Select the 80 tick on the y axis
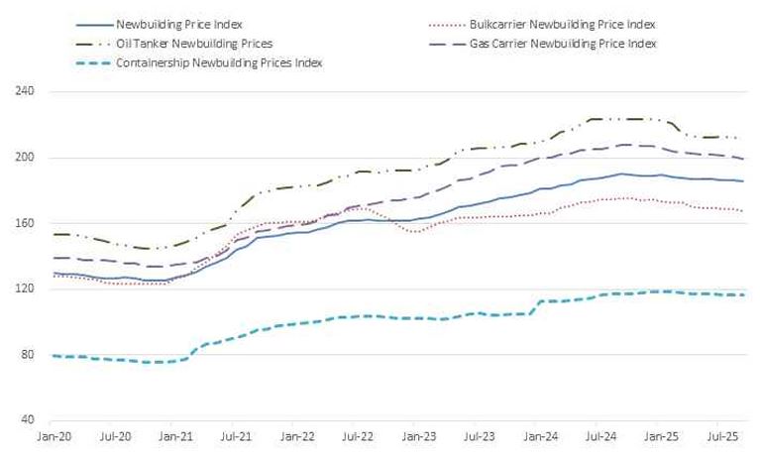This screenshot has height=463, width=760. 27,355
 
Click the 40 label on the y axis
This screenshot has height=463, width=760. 27,420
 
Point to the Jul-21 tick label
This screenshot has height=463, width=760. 235,435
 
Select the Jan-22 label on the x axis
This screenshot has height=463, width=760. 296,435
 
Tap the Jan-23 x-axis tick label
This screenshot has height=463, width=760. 417,435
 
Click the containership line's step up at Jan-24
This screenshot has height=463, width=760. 537,306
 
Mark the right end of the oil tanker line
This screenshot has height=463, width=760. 745,139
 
